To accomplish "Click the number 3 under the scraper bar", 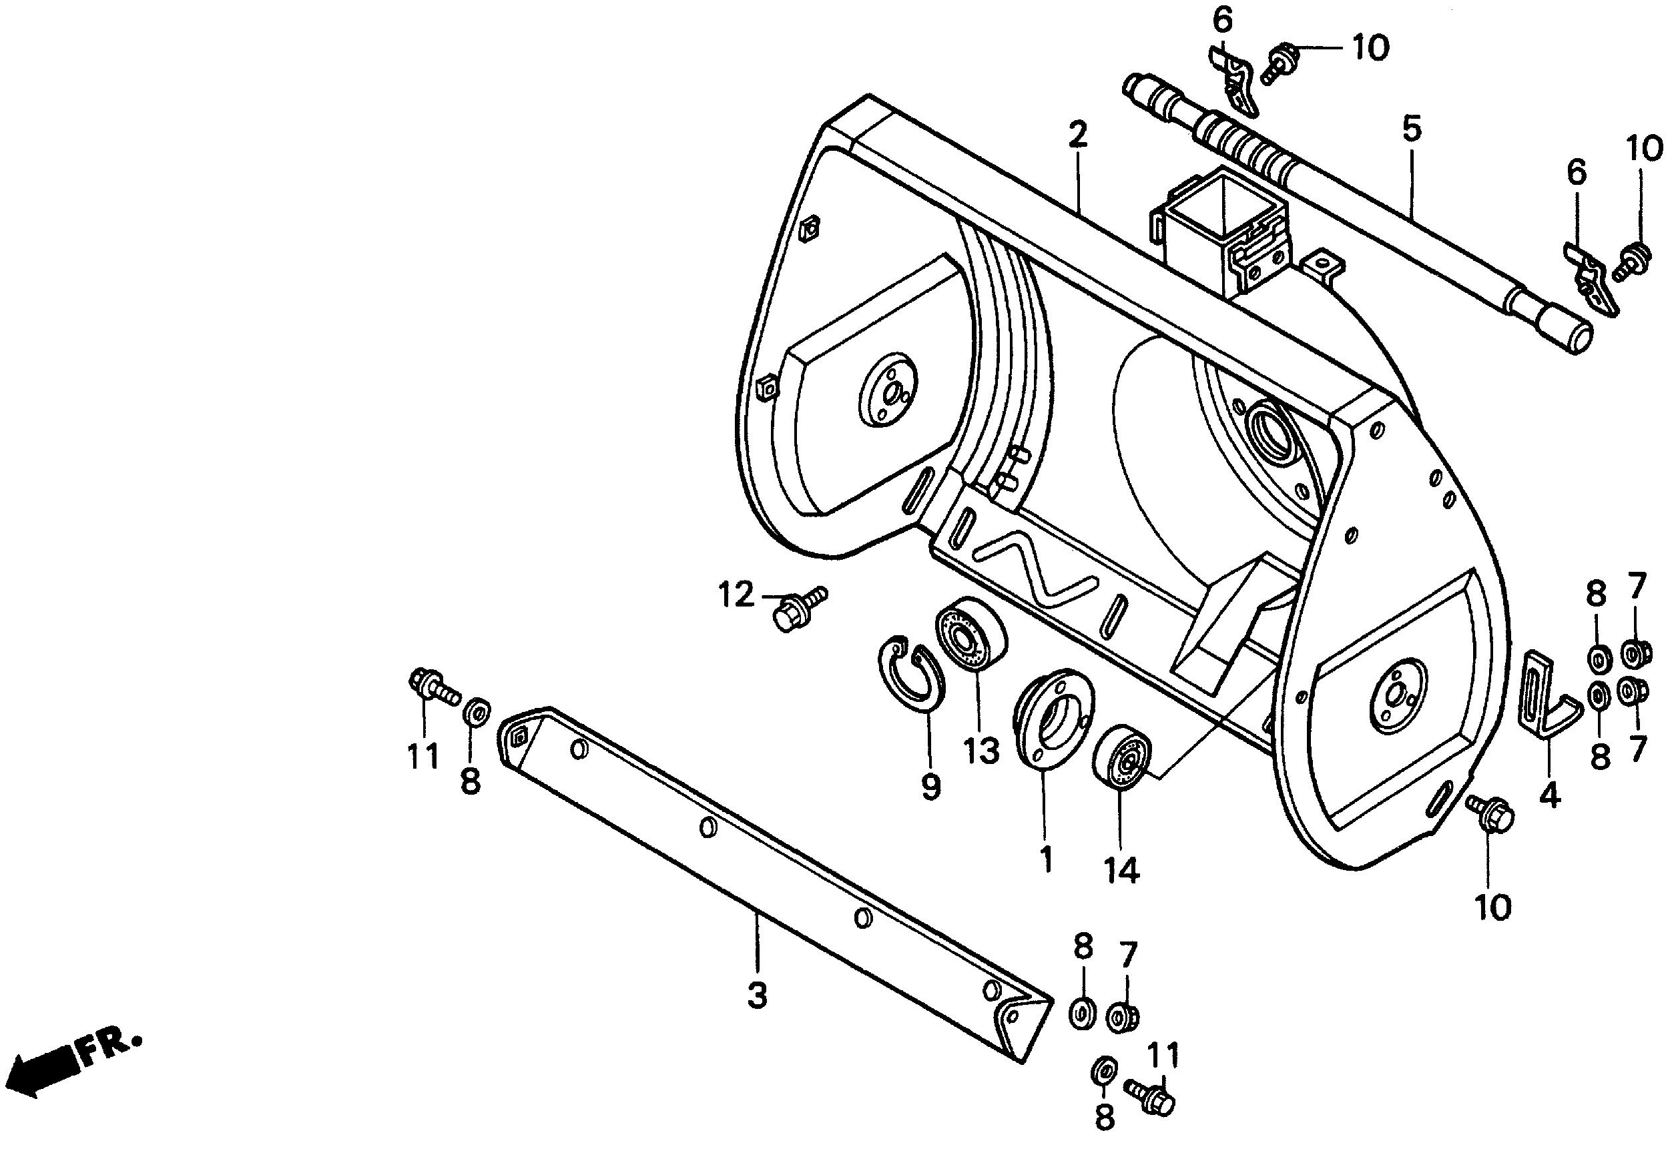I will tap(756, 998).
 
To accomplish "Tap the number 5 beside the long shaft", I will tap(1411, 129).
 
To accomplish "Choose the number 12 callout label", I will tap(736, 597).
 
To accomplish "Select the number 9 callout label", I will tap(930, 786).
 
